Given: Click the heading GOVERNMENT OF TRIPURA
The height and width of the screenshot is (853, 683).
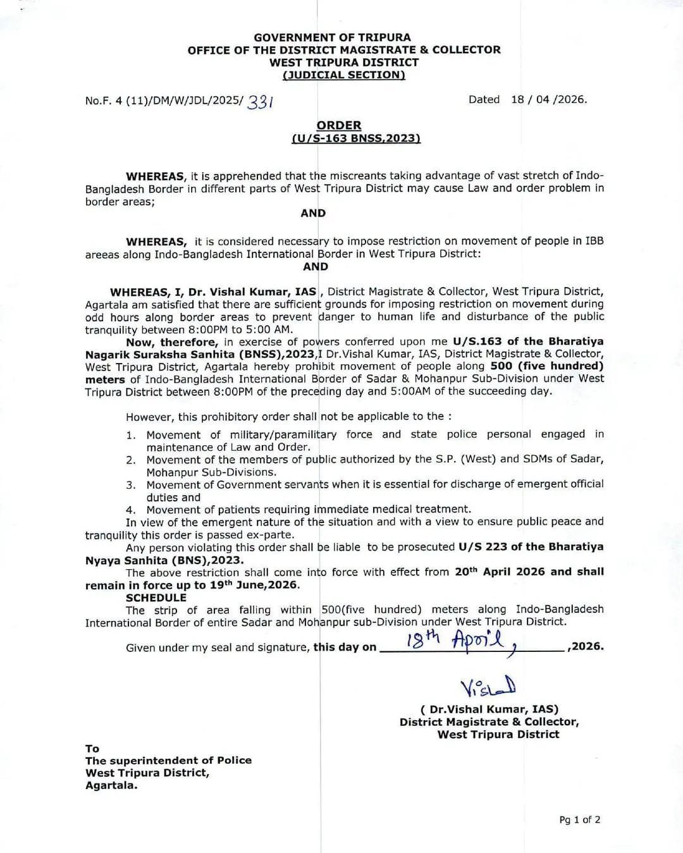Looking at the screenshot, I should point(332,37).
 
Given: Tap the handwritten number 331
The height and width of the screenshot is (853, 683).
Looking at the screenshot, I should point(261,101).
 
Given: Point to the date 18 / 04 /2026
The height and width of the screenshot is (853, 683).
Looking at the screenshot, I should point(548,99).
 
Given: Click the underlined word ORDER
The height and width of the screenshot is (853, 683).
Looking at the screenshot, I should point(339,125).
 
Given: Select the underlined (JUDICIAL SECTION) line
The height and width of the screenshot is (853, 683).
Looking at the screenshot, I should point(344,75).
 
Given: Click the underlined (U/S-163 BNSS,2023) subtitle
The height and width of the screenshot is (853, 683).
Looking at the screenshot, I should point(356,138).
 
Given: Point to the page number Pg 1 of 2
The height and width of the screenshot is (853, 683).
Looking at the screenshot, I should point(580,819).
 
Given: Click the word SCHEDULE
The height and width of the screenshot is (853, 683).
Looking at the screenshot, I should point(156,598).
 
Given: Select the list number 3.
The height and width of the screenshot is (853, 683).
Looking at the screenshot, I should point(131,485).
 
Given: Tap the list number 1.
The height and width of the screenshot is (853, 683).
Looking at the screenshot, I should point(131,435).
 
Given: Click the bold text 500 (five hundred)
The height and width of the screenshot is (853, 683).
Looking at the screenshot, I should point(547,366).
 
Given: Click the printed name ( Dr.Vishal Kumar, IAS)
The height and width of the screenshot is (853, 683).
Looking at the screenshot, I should point(489,709).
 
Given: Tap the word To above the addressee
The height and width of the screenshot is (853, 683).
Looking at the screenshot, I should point(92,749).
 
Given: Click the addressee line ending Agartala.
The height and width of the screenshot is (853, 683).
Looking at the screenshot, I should point(111,785).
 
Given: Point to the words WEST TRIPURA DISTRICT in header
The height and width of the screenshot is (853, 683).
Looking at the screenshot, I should point(344,62).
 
